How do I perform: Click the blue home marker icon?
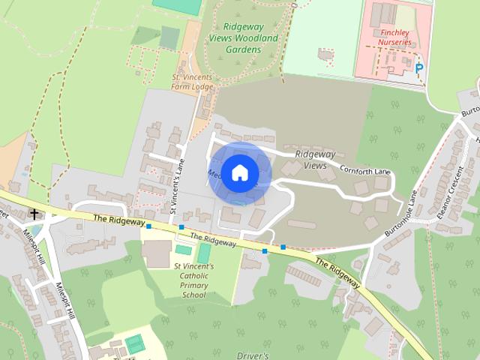tap(238, 172)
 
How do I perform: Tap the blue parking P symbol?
tap(419, 68)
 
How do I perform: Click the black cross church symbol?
tap(34, 214)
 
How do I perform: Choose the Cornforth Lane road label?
tap(365, 170)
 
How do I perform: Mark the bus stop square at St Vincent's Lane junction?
tap(181, 226)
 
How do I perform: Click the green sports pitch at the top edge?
tap(177, 4)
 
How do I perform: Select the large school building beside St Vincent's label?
tap(156, 254)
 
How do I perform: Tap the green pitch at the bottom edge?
tap(135, 343)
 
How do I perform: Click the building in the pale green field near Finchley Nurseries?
tap(325, 55)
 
